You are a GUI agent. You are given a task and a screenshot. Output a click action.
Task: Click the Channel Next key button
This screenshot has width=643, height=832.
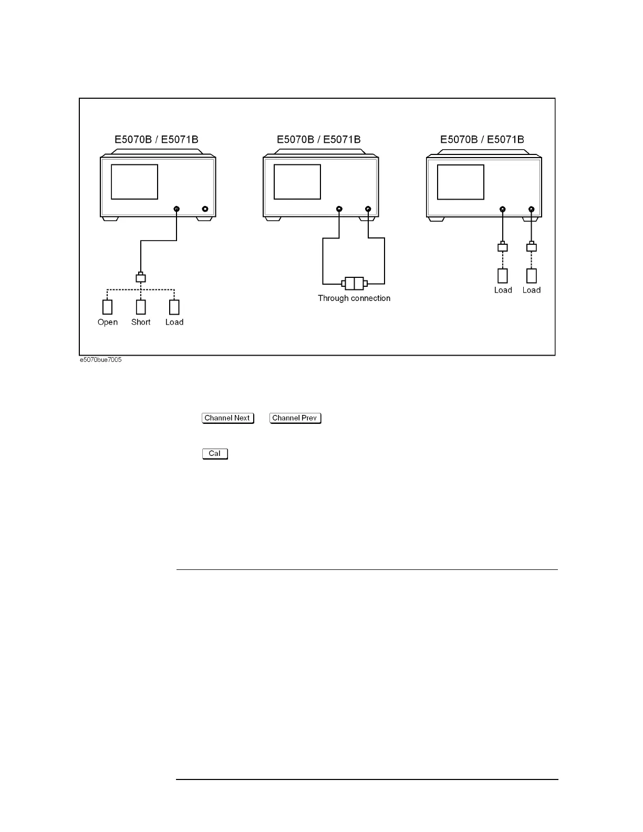click(227, 418)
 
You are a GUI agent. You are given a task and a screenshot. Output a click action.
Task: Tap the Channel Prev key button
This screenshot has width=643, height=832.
click(295, 418)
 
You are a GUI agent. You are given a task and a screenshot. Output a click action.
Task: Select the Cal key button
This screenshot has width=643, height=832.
click(215, 454)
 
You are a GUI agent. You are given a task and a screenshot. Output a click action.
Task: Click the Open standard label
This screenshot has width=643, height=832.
click(108, 322)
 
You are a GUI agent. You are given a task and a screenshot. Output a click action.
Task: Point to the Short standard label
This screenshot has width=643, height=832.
click(141, 322)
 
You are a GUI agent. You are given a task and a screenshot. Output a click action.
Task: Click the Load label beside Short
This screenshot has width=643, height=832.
click(174, 322)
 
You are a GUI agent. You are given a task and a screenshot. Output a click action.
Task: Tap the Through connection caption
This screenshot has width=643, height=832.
click(354, 298)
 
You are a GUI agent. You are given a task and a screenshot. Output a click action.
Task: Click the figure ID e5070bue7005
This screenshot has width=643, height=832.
click(100, 360)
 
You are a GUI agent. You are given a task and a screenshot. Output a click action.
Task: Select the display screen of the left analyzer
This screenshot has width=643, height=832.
click(134, 182)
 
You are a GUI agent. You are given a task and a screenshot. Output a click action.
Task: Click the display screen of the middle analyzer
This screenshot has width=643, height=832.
click(297, 182)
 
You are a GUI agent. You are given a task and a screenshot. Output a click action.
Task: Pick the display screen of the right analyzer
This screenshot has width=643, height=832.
click(461, 182)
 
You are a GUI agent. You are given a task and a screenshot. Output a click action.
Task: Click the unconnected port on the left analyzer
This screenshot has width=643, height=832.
click(205, 209)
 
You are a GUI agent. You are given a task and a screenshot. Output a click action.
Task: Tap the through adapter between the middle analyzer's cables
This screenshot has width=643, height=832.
click(354, 284)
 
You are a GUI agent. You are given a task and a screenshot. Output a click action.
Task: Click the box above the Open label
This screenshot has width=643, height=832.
click(108, 307)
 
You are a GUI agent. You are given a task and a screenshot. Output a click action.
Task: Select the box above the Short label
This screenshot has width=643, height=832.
click(141, 307)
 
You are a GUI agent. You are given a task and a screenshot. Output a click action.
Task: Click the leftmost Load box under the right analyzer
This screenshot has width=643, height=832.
click(503, 276)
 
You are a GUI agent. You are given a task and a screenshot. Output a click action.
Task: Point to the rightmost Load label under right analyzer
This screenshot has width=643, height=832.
click(532, 290)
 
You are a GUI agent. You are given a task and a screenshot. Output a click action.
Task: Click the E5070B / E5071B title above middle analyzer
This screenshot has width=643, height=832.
click(319, 140)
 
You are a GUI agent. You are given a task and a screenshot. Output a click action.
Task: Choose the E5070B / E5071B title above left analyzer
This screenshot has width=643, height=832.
click(157, 140)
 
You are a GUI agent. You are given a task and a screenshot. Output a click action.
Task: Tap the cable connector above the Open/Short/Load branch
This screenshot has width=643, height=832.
click(141, 278)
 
